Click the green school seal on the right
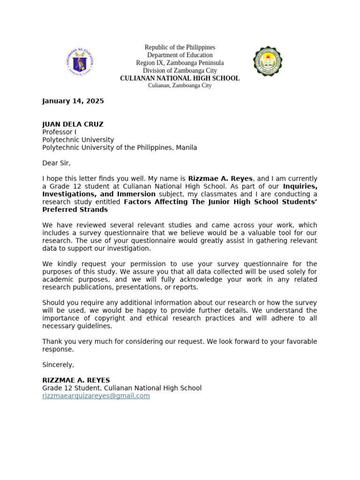pyautogui.click(x=268, y=61)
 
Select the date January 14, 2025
pyautogui.click(x=73, y=101)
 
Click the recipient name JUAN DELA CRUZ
pyautogui.click(x=73, y=124)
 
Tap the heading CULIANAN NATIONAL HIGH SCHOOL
pyautogui.click(x=180, y=78)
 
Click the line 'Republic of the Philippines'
pyautogui.click(x=180, y=47)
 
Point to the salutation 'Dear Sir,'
pyautogui.click(x=56, y=163)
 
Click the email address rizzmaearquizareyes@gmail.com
pyautogui.click(x=96, y=396)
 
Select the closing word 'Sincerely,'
pyautogui.click(x=58, y=365)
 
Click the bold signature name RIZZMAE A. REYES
pyautogui.click(x=76, y=380)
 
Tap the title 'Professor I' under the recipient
pyautogui.click(x=59, y=132)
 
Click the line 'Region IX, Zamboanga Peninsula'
pyautogui.click(x=180, y=63)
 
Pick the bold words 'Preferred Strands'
pyautogui.click(x=75, y=210)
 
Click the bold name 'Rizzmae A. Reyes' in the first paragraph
pyautogui.click(x=220, y=179)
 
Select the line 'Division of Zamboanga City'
pyautogui.click(x=180, y=70)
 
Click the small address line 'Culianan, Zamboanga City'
pyautogui.click(x=180, y=86)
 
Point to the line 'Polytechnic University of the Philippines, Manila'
pyautogui.click(x=120, y=148)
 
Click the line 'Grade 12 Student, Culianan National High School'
pyautogui.click(x=122, y=388)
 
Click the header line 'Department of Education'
pyautogui.click(x=180, y=55)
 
